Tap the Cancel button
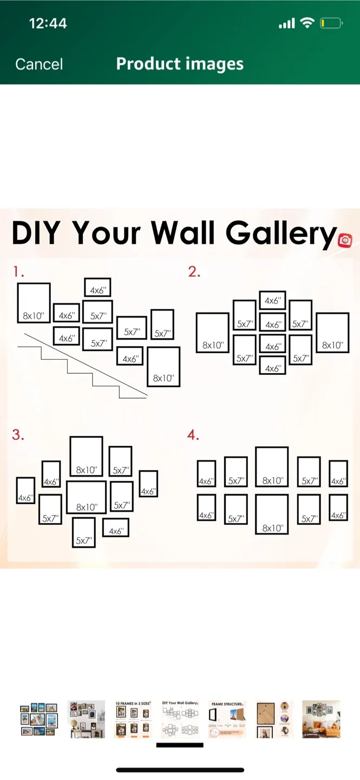coord(39,64)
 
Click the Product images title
coord(180,64)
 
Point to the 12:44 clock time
coord(48,23)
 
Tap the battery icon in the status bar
coord(331,23)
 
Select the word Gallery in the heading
coord(280,233)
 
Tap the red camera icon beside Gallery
coord(345,240)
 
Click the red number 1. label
coord(19,272)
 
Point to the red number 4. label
coord(193,435)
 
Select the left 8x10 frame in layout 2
coord(212,333)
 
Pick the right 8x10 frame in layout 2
coord(332,333)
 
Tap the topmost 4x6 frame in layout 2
coord(273,300)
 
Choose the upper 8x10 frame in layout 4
coord(272,466)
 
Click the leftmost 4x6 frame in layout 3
coord(25,490)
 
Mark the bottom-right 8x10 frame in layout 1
coord(163,367)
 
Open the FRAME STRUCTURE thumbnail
coord(227,719)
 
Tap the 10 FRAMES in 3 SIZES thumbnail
coord(133,719)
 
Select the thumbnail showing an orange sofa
coord(321,719)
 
